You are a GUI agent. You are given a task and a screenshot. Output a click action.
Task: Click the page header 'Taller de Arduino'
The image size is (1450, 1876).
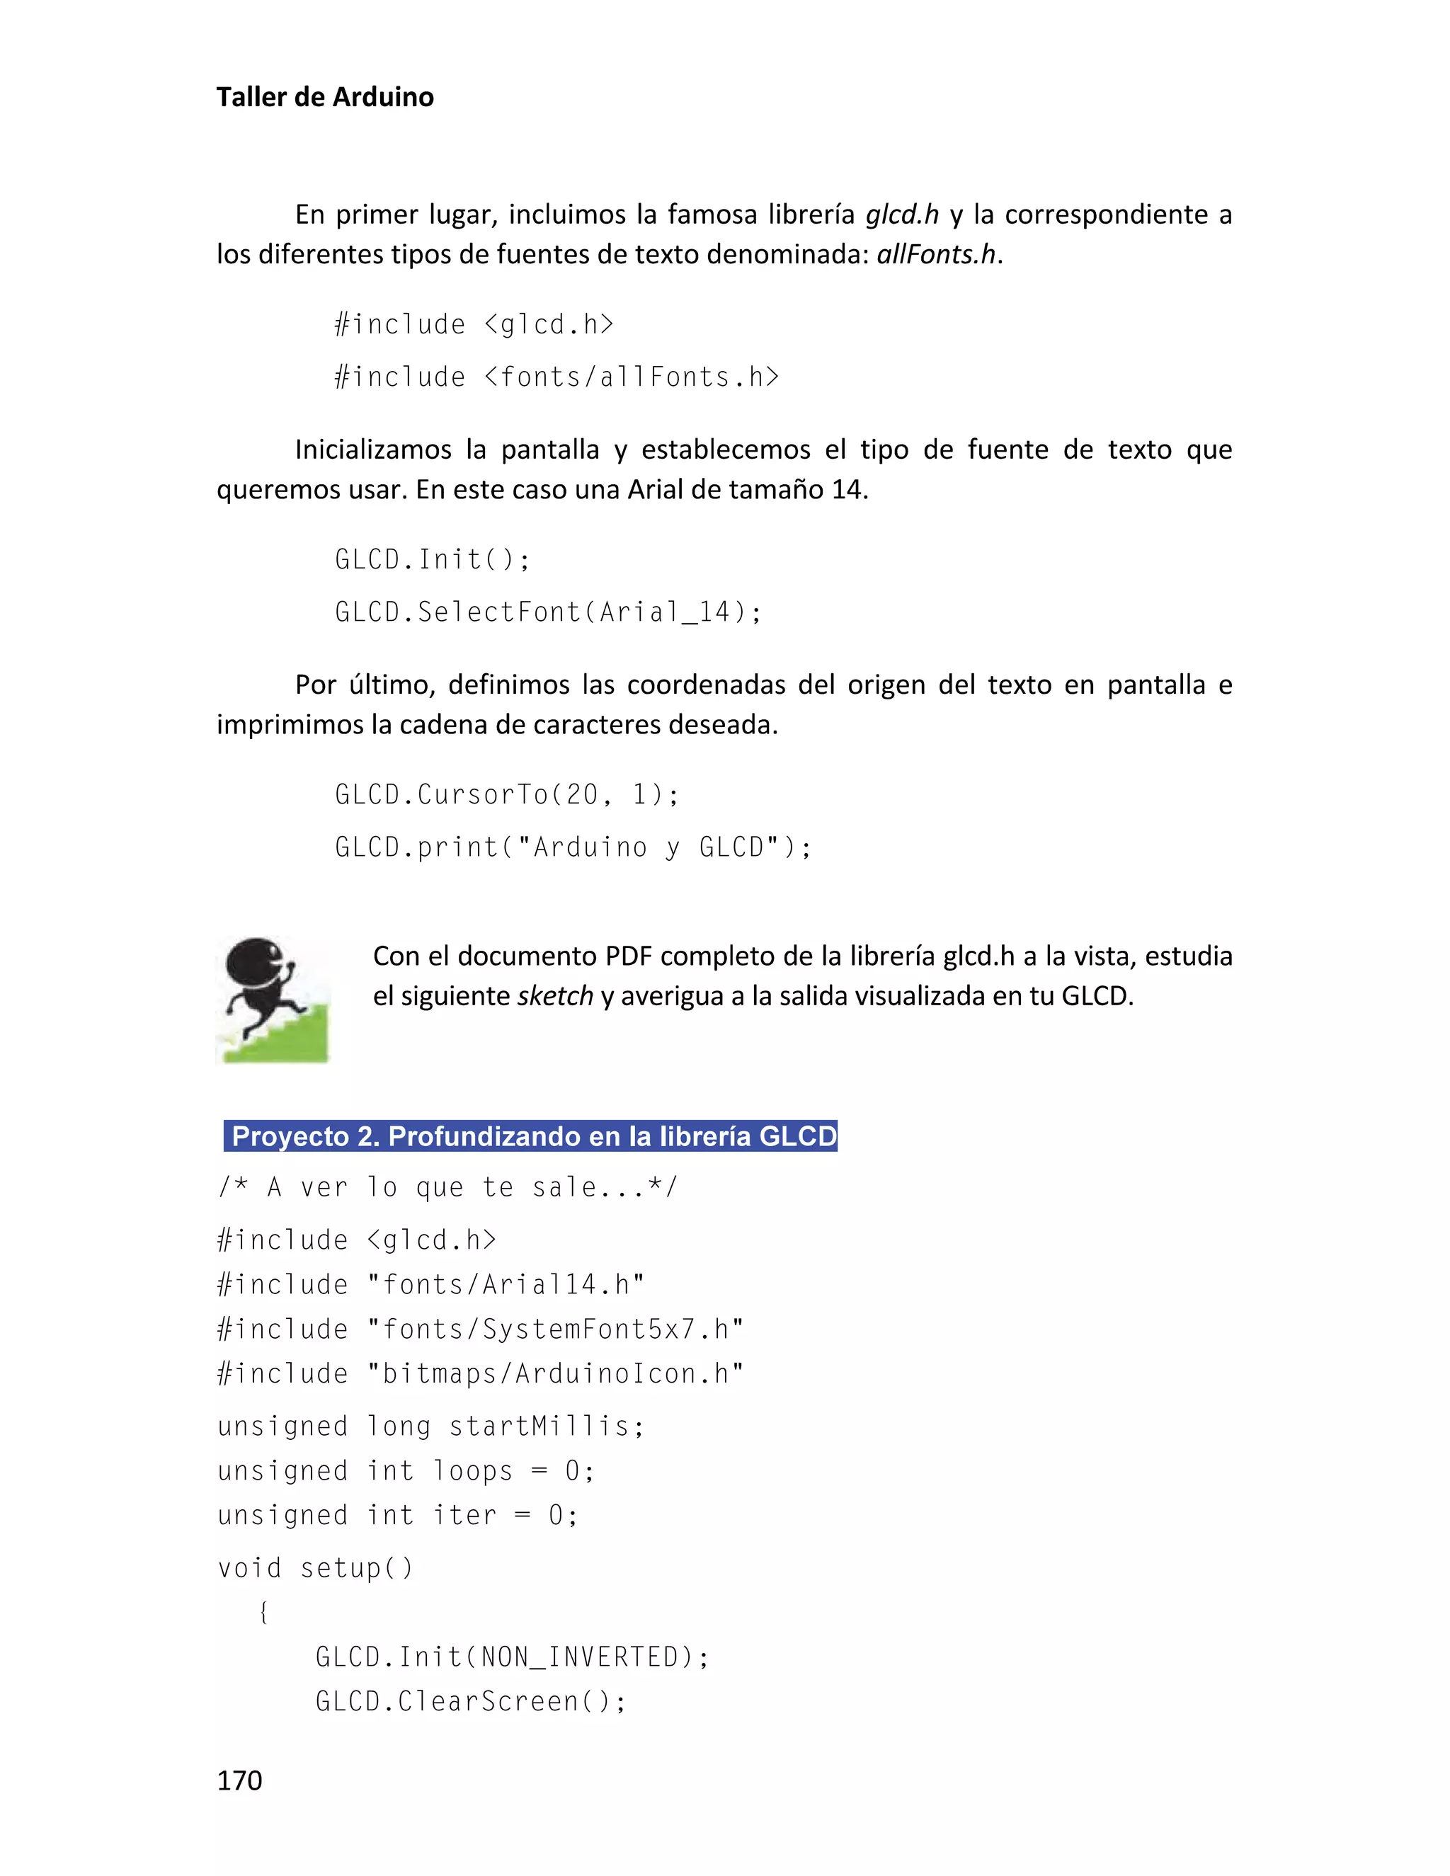pyautogui.click(x=325, y=97)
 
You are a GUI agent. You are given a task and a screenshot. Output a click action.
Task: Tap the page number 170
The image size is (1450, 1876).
pyautogui.click(x=240, y=1780)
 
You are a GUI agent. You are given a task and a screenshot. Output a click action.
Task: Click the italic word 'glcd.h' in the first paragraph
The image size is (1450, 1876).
pyautogui.click(x=901, y=215)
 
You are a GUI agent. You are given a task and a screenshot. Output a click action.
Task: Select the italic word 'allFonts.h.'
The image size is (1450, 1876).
pyautogui.click(x=939, y=255)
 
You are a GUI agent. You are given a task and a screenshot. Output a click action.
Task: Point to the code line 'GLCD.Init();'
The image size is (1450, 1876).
pyautogui.click(x=433, y=560)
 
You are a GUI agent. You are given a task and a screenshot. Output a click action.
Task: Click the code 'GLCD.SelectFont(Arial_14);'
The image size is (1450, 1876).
pyautogui.click(x=548, y=612)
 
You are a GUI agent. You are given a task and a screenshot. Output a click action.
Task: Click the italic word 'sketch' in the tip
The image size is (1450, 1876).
pyautogui.click(x=555, y=997)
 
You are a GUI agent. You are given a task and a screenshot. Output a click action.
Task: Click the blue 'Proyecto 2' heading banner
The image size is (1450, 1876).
pyautogui.click(x=531, y=1136)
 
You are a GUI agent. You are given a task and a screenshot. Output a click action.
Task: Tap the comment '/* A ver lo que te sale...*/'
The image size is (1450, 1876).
pyautogui.click(x=447, y=1188)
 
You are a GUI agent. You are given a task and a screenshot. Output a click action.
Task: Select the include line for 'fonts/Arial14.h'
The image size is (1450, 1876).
pyautogui.click(x=431, y=1285)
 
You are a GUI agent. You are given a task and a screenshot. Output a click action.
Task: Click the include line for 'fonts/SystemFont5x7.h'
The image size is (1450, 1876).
pyautogui.click(x=480, y=1329)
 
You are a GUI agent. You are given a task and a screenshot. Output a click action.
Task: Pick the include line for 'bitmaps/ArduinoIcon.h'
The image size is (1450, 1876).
pyautogui.click(x=480, y=1374)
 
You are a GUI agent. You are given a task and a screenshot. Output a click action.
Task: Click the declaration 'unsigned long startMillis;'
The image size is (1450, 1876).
pyautogui.click(x=431, y=1426)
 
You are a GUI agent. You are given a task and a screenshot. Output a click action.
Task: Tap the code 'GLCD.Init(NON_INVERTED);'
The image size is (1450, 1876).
pyautogui.click(x=512, y=1657)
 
